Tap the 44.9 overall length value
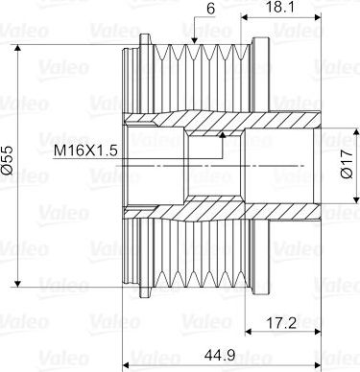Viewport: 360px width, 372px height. click(x=220, y=355)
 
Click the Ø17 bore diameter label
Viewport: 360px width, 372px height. click(x=347, y=164)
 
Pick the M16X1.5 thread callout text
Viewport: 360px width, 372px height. click(x=85, y=151)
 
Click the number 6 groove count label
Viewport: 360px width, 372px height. click(x=210, y=9)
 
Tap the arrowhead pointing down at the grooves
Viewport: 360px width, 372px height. click(x=194, y=41)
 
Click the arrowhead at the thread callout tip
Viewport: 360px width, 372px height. click(x=223, y=134)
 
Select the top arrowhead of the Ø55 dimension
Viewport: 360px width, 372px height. click(x=18, y=48)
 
